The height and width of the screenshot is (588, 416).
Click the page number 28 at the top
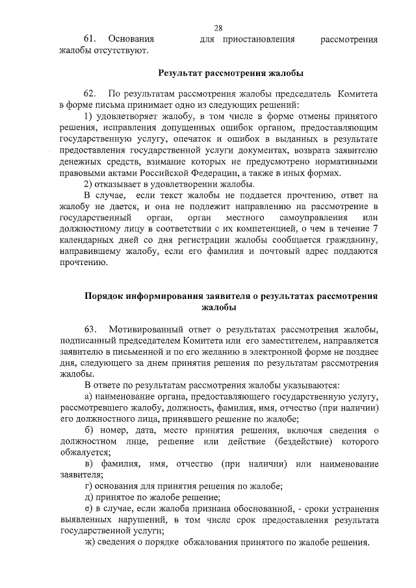(218, 28)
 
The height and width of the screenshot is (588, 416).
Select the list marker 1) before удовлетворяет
(89, 116)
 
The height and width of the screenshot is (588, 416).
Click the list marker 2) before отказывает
(89, 185)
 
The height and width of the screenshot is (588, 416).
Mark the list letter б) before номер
(90, 432)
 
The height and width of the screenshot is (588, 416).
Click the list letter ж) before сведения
(90, 544)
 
